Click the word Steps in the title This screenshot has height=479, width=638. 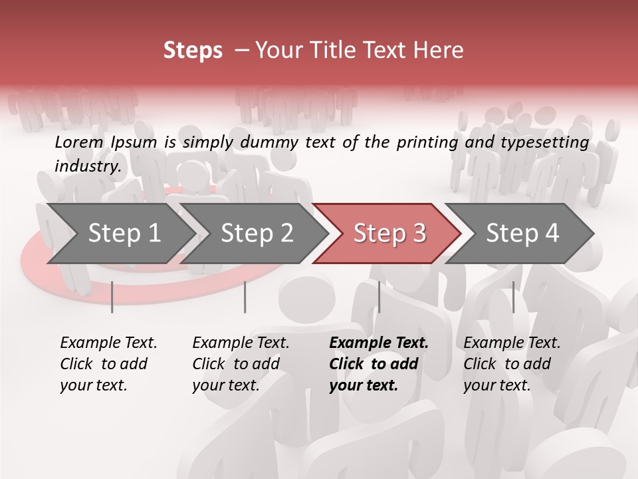pyautogui.click(x=193, y=51)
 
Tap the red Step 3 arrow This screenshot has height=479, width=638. pyautogui.click(x=389, y=233)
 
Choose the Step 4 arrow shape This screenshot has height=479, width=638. pyautogui.click(x=522, y=233)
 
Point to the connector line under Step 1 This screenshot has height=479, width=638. pyautogui.click(x=112, y=297)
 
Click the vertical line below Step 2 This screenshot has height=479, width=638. pyautogui.click(x=245, y=297)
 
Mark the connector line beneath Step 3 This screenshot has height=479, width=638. pyautogui.click(x=379, y=297)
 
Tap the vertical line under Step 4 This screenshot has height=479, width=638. pyautogui.click(x=513, y=297)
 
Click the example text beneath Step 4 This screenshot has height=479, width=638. pyautogui.click(x=512, y=364)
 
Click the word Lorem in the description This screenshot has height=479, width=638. pyautogui.click(x=79, y=142)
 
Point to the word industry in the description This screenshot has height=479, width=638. pyautogui.click(x=87, y=166)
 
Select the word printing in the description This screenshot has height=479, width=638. pyautogui.click(x=426, y=142)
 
